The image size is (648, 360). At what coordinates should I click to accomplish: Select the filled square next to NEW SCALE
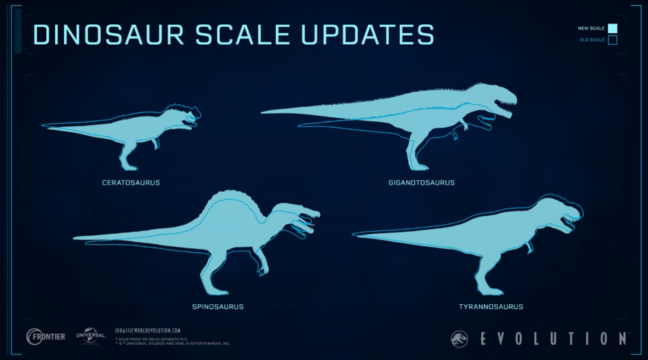612,28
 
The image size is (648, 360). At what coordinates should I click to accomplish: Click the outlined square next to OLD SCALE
612,40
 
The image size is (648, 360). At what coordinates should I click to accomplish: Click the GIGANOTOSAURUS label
421,183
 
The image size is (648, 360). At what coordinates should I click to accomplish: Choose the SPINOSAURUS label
218,306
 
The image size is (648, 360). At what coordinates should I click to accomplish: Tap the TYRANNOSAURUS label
491,306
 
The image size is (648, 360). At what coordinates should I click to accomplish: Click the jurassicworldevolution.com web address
148,330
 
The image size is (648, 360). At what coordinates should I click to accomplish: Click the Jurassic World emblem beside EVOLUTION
458,338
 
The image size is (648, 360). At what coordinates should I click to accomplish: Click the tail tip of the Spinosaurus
77,238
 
